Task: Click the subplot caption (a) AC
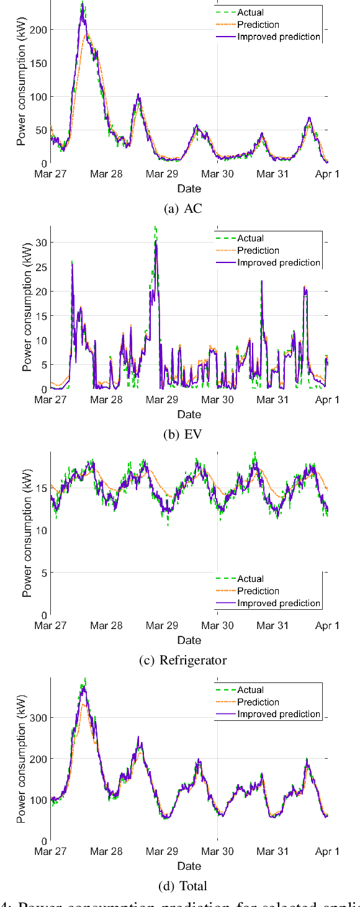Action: point(183,208)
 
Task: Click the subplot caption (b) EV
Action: point(183,434)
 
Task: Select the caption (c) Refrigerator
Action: point(183,660)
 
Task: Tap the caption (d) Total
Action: point(183,886)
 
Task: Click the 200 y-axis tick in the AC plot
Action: point(37,30)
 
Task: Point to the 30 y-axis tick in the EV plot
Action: point(40,243)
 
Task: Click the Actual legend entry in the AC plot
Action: point(250,12)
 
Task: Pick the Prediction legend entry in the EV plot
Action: point(258,251)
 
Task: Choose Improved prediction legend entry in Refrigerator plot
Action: point(279,603)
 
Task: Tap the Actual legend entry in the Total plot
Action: point(250,690)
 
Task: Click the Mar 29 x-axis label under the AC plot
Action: point(162,174)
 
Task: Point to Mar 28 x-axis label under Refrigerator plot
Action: point(106,626)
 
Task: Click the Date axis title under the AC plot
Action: point(189,188)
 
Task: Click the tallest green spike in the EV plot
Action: point(155,228)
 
